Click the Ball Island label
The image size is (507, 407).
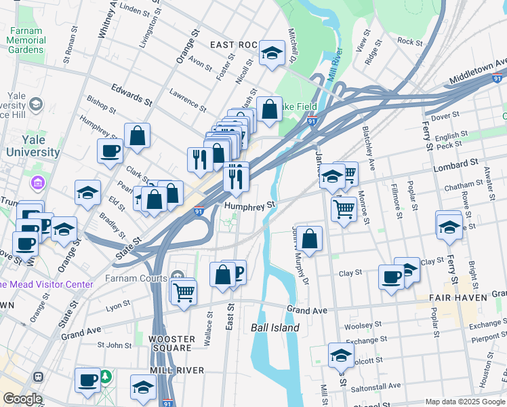pos(275,328)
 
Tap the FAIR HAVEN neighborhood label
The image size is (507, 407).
pos(458,298)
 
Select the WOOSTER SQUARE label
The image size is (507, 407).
pos(171,343)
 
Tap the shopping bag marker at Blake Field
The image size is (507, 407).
pos(269,109)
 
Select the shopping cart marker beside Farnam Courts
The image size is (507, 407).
pos(184,292)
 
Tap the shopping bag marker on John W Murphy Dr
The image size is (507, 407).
pos(309,239)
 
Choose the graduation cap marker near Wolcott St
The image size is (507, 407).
pos(341,355)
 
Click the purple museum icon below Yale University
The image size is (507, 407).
pos(37,183)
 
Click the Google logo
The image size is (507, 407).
pos(23,399)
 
